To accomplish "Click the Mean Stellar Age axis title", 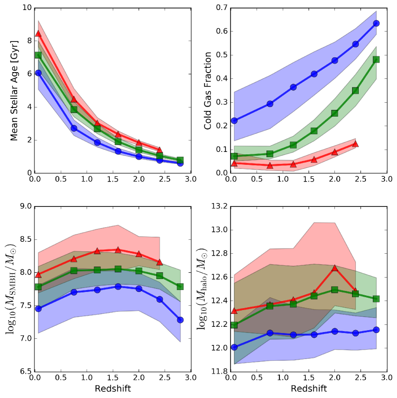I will point(14,90).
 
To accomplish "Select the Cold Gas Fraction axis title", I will point(208,90).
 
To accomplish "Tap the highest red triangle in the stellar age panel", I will point(38,33).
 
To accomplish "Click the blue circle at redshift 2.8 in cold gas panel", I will point(376,23).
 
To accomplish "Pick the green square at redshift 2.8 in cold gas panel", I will point(376,59).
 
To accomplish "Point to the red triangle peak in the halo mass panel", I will point(334,268).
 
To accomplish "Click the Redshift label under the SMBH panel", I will point(112,389).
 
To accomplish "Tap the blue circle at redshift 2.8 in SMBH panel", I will point(180,320).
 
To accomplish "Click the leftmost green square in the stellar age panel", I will point(38,55).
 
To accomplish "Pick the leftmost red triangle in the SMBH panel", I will point(38,274).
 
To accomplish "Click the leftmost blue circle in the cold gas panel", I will point(234,120).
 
